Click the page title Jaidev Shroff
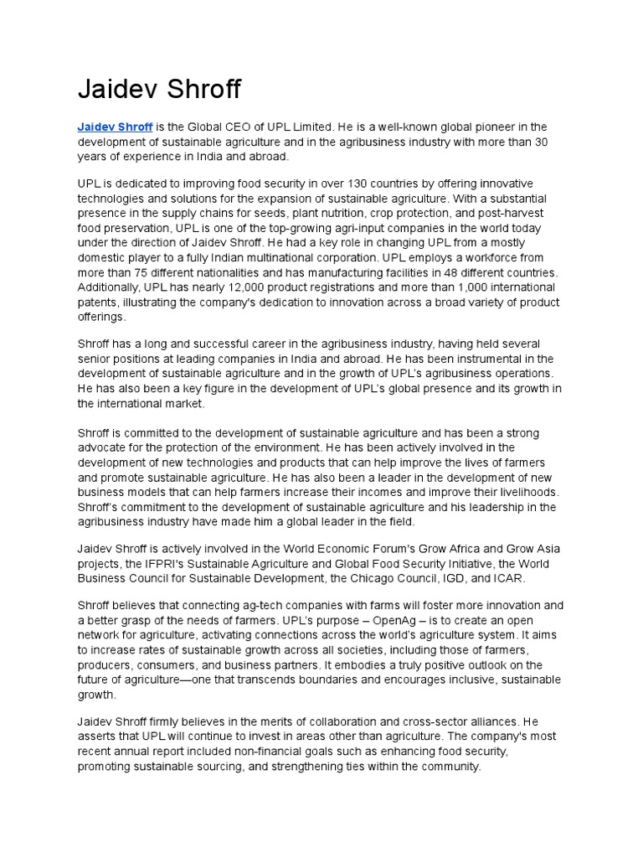159,89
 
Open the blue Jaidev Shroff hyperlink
115,127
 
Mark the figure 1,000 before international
435,288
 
